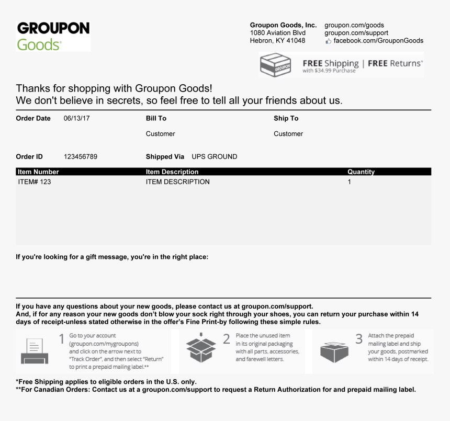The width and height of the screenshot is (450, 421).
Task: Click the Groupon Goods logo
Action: [53, 36]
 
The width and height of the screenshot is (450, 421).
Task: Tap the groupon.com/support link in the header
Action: [356, 33]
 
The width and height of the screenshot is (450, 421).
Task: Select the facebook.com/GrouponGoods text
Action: [378, 41]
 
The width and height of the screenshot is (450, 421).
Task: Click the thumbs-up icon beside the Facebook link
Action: [328, 41]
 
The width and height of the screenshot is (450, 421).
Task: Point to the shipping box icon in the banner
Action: [275, 65]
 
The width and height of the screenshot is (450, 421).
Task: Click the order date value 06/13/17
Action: [77, 119]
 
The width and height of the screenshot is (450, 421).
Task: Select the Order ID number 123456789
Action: [80, 157]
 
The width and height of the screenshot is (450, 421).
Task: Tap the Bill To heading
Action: [156, 119]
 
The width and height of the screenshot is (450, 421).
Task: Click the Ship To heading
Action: [286, 119]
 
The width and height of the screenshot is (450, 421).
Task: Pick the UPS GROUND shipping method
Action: [214, 157]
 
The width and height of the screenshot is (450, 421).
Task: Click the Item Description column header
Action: [172, 172]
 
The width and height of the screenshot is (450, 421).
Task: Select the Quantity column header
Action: [361, 172]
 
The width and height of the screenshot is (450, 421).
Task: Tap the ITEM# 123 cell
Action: [35, 182]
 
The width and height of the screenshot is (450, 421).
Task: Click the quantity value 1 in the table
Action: [350, 182]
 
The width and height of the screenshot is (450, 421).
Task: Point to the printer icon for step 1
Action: [35, 351]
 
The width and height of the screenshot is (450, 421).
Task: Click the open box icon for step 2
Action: [201, 348]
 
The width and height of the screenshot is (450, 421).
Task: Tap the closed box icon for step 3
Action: [334, 351]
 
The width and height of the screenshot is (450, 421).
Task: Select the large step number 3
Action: [359, 339]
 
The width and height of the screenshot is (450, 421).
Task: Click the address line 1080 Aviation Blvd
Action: [277, 33]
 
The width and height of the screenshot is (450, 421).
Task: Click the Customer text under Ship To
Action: [288, 134]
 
